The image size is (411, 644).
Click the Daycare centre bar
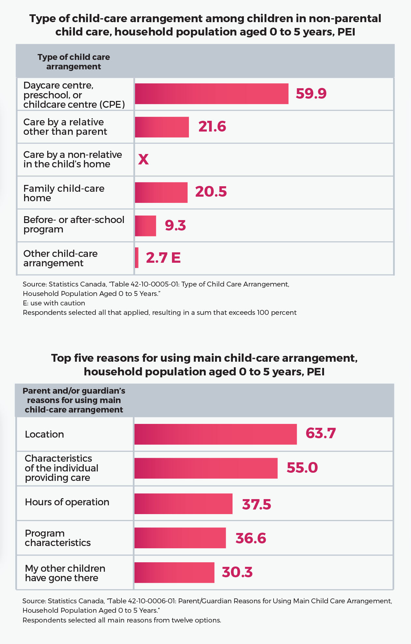pos(212,94)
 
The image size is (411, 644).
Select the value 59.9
pos(311,93)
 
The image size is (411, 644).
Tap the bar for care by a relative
pos(162,127)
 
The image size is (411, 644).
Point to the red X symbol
pos(143,160)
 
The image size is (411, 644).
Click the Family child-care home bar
pos(161,192)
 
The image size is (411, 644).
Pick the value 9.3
pos(175,225)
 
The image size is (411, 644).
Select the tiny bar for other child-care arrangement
pos(137,258)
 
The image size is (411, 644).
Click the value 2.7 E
pos(163,258)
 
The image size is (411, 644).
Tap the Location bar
pos(216,434)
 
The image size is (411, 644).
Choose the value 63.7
pos(320,433)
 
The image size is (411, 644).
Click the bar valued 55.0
pos(206,468)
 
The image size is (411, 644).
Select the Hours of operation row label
pos(67,502)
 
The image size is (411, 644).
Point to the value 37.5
pos(257,504)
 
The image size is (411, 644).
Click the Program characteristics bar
pos(180,538)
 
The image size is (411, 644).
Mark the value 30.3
pos(237,572)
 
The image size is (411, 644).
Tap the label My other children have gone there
pos(65,573)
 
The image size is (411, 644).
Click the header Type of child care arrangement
pos(74,62)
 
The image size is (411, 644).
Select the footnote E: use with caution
pos(54,303)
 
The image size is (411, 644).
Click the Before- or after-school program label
pos(74,225)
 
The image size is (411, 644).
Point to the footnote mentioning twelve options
pos(122,620)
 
